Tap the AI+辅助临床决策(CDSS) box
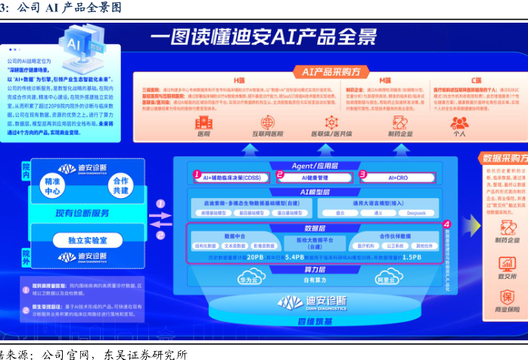[231, 176]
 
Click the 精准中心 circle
[53, 186]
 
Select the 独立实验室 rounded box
[85, 240]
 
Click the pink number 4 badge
[446, 225]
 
